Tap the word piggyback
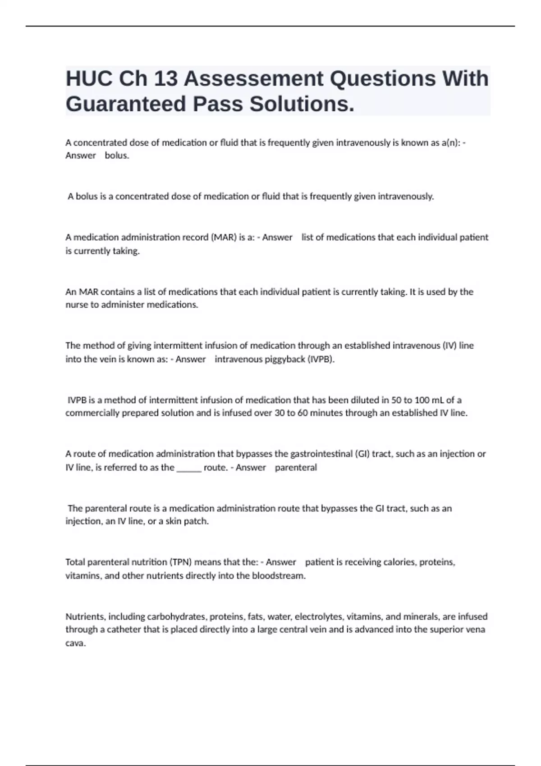coord(280,359)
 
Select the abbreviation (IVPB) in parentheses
coord(321,359)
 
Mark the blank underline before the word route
coord(189,467)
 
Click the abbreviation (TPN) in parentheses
coord(181,562)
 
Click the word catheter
coord(124,629)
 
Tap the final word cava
coord(75,643)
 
